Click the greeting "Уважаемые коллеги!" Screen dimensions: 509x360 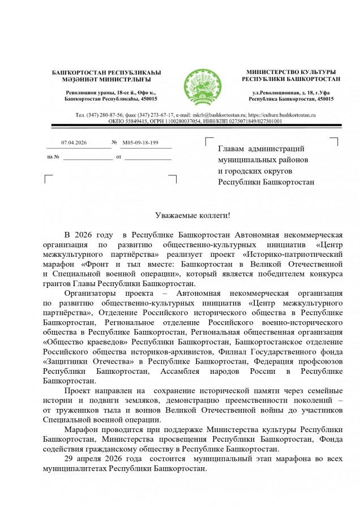[193, 215]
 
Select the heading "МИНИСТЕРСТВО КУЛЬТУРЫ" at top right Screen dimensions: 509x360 [290, 72]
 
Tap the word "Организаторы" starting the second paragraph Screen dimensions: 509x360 [90, 294]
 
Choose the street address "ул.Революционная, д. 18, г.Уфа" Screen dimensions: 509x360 [290, 92]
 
